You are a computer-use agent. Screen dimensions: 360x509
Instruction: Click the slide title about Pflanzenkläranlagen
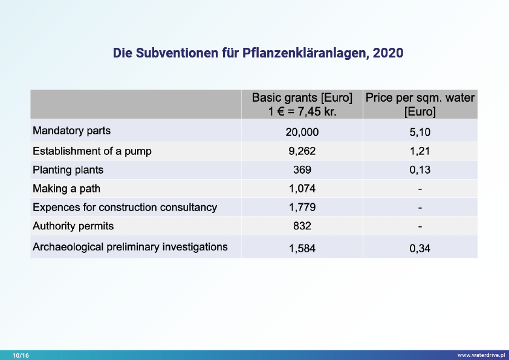point(258,53)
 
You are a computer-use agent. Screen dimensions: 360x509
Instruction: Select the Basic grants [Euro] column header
point(302,104)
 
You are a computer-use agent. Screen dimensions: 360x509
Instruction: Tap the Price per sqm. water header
point(420,104)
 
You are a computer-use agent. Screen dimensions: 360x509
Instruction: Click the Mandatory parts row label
point(72,131)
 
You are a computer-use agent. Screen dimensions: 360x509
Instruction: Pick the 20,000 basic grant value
point(302,132)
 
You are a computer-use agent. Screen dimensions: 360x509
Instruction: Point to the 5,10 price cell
point(420,132)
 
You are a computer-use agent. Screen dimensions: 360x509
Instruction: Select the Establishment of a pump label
point(92,151)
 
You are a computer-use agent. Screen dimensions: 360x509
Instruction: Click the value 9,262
point(302,151)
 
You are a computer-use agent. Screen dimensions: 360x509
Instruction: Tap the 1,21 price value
point(420,151)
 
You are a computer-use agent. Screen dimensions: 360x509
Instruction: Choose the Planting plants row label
point(68,170)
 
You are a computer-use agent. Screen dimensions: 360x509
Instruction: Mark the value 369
point(302,170)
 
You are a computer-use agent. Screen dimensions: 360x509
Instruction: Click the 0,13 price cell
point(420,170)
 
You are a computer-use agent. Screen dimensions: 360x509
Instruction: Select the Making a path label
point(66,189)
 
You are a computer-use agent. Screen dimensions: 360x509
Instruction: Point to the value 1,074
point(302,189)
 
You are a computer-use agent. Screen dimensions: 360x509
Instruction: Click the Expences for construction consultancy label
point(125,208)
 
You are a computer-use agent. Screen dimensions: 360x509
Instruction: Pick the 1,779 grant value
point(302,208)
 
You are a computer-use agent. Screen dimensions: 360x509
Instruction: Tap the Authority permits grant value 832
point(302,226)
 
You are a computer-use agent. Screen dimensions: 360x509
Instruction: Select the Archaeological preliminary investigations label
point(130,247)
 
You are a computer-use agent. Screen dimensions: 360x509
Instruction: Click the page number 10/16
point(21,355)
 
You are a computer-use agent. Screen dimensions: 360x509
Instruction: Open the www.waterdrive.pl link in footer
point(481,355)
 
